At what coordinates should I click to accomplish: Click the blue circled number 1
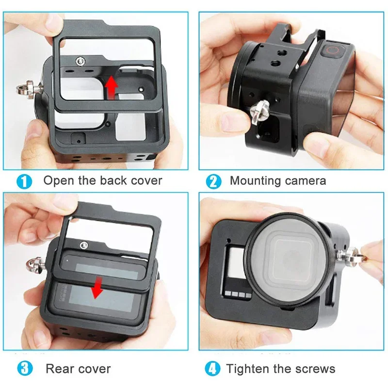(x=24, y=182)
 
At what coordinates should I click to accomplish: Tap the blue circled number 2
(x=213, y=182)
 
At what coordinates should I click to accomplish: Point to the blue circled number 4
(x=212, y=369)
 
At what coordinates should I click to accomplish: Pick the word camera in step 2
(x=305, y=181)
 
